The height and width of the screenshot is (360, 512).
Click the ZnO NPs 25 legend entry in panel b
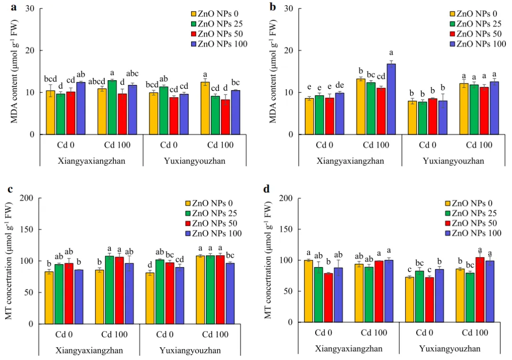pos(475,23)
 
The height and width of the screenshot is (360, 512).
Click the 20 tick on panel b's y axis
pos(289,50)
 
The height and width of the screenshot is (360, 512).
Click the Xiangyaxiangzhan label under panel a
pos(89,161)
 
